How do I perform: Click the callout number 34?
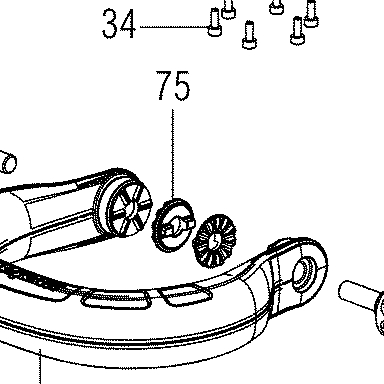click(119, 24)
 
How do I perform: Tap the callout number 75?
click(174, 86)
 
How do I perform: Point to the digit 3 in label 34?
click(110, 24)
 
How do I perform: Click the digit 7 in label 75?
click(165, 85)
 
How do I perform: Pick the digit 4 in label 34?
click(128, 24)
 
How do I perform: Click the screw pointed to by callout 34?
click(215, 22)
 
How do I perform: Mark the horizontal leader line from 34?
click(174, 27)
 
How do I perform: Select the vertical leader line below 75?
click(173, 154)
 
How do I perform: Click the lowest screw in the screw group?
click(249, 35)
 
